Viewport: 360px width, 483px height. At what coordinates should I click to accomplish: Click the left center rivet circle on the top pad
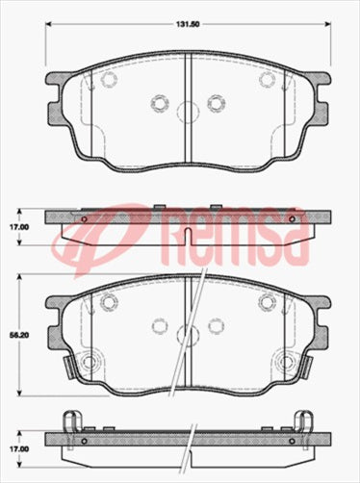(160, 101)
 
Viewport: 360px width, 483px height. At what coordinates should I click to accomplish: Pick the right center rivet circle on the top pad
(214, 101)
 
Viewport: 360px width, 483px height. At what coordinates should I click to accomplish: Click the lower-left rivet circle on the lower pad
(91, 363)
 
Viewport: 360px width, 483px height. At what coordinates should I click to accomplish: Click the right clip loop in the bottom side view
(303, 421)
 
